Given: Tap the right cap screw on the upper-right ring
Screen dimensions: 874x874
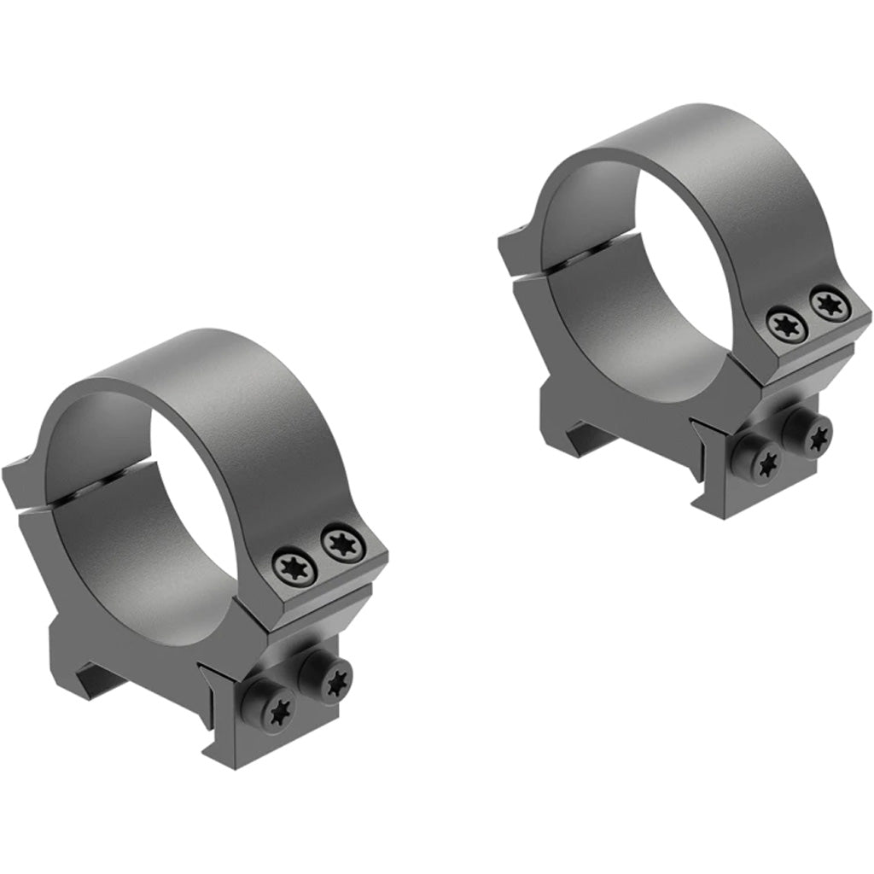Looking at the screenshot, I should [826, 304].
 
